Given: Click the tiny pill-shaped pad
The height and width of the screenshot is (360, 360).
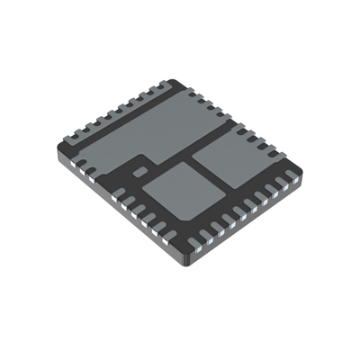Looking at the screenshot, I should click(x=139, y=168).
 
